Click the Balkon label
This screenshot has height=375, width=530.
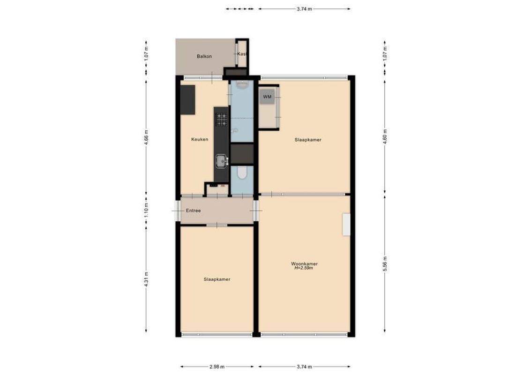coord(204,56)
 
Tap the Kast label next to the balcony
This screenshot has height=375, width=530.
coord(242,54)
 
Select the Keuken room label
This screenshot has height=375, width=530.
coord(200,140)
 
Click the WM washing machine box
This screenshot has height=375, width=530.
coord(268,97)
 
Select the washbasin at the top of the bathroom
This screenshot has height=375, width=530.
coord(242,85)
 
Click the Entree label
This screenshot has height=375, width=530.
coord(193,211)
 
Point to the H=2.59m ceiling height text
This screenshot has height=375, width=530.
coord(304,269)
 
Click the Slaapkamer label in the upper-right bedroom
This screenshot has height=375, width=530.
coord(308,140)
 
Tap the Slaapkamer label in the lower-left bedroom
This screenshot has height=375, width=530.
coord(217,279)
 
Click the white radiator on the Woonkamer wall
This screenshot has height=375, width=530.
coord(346,225)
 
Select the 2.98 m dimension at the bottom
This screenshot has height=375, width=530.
coord(216,367)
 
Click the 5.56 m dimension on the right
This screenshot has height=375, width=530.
coord(385,264)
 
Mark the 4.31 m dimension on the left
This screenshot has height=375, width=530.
coord(146,280)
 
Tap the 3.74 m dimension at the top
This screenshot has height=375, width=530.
coord(304,8)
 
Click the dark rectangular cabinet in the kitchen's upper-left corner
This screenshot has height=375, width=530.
coord(188,100)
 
